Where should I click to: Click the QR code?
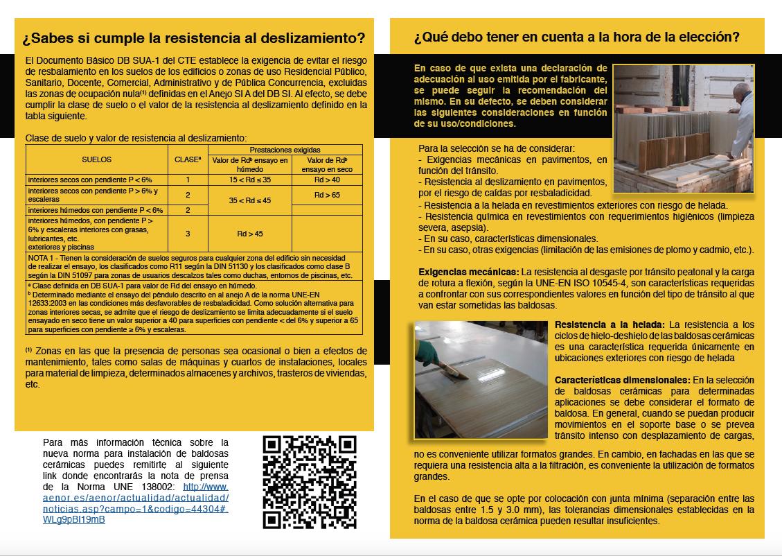(310, 482)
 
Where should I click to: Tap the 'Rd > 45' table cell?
(249, 234)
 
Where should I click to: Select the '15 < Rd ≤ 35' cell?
(249, 180)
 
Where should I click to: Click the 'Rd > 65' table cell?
(327, 195)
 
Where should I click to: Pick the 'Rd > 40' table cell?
(327, 180)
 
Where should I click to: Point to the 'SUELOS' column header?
(96, 159)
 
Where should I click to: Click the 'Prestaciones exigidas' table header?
(285, 150)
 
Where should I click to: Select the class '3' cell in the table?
(187, 234)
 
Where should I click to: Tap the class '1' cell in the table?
(187, 180)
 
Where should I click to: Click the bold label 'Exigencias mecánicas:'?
(469, 271)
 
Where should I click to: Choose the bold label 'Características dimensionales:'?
(622, 380)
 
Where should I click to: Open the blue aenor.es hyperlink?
(135, 498)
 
